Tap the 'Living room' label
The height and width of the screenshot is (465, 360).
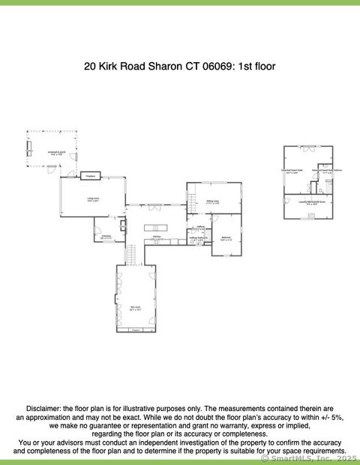coord(93,198)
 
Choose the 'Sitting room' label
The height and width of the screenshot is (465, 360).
coord(213,201)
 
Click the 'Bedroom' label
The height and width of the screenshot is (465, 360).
coord(226,238)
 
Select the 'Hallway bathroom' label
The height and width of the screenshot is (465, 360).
coord(198,238)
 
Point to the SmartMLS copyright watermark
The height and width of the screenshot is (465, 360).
coord(309,458)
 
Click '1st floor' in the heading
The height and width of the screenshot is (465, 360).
coord(257,67)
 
